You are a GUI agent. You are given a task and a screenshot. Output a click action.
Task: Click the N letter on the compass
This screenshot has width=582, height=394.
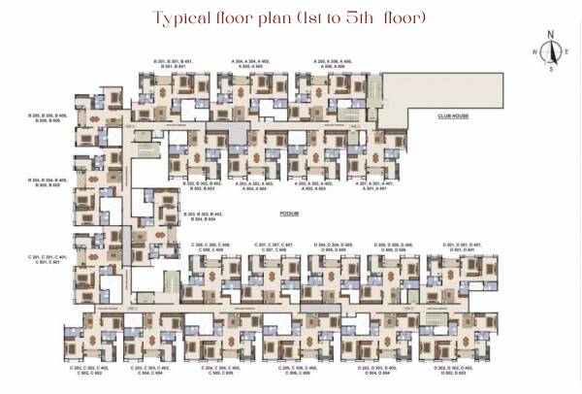[551, 35]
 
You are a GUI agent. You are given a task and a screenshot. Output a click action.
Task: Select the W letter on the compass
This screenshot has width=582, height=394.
[533, 52]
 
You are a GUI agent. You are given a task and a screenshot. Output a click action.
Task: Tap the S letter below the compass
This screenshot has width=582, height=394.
[551, 70]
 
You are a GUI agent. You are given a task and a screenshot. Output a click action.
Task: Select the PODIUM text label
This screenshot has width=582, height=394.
[288, 212]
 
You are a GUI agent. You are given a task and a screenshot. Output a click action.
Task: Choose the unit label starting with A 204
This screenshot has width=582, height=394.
[251, 63]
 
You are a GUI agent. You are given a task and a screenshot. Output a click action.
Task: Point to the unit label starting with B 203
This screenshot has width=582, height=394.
[203, 216]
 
